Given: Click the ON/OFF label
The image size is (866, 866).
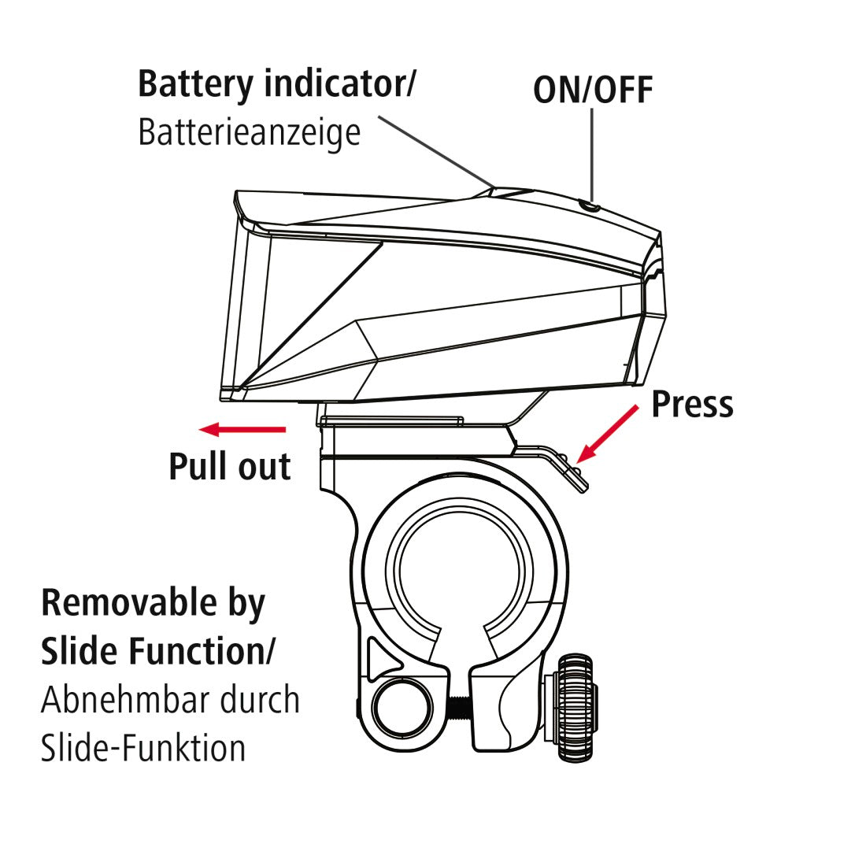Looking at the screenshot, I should pyautogui.click(x=593, y=90).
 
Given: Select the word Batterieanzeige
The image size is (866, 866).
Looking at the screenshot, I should pyautogui.click(x=249, y=132).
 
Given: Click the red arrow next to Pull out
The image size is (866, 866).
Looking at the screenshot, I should pyautogui.click(x=242, y=429).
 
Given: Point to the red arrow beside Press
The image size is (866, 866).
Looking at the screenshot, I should pyautogui.click(x=608, y=433).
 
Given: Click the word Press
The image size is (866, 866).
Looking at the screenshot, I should pyautogui.click(x=692, y=404).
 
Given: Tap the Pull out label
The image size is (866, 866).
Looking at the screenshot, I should pyautogui.click(x=229, y=466).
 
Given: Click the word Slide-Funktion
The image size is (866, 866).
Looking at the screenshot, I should pyautogui.click(x=143, y=747).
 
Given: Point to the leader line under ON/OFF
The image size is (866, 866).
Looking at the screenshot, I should pyautogui.click(x=591, y=154).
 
